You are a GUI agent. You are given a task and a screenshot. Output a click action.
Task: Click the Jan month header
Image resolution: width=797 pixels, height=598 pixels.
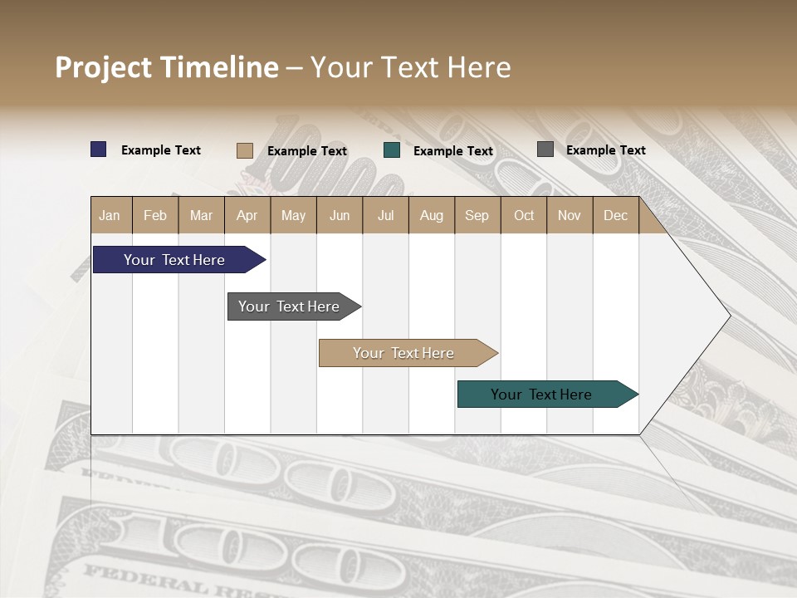point(110,215)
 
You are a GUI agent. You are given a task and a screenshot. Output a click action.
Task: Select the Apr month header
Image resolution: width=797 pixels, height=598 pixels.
point(247,215)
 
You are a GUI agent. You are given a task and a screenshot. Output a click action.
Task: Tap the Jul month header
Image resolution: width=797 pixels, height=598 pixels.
point(385,215)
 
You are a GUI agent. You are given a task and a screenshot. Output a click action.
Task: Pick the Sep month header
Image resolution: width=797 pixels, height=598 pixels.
point(477,215)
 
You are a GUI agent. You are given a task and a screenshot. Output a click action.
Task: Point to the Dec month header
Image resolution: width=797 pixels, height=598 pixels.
point(615,215)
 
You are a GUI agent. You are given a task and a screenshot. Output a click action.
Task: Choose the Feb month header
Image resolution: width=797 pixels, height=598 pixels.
point(155,215)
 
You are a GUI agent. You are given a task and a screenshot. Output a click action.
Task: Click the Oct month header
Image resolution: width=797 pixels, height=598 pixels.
point(524,215)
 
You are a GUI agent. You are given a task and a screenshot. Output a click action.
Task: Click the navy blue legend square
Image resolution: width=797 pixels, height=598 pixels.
point(99,149)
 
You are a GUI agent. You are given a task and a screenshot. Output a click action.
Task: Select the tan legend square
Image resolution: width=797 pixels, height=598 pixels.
point(244,150)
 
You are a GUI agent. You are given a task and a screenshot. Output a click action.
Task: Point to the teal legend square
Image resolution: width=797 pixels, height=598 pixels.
point(392,150)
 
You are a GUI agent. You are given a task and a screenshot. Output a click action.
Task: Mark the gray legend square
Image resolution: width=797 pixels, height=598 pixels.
point(545,149)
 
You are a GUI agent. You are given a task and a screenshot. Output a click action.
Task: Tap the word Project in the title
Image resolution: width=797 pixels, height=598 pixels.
point(104,67)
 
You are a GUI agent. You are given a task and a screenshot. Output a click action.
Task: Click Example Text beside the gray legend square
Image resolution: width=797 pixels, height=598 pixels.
point(605,149)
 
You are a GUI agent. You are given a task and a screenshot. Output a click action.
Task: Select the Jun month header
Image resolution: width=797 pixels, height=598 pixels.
point(340,215)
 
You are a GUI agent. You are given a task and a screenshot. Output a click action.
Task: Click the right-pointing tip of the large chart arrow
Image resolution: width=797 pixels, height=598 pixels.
point(728,316)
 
